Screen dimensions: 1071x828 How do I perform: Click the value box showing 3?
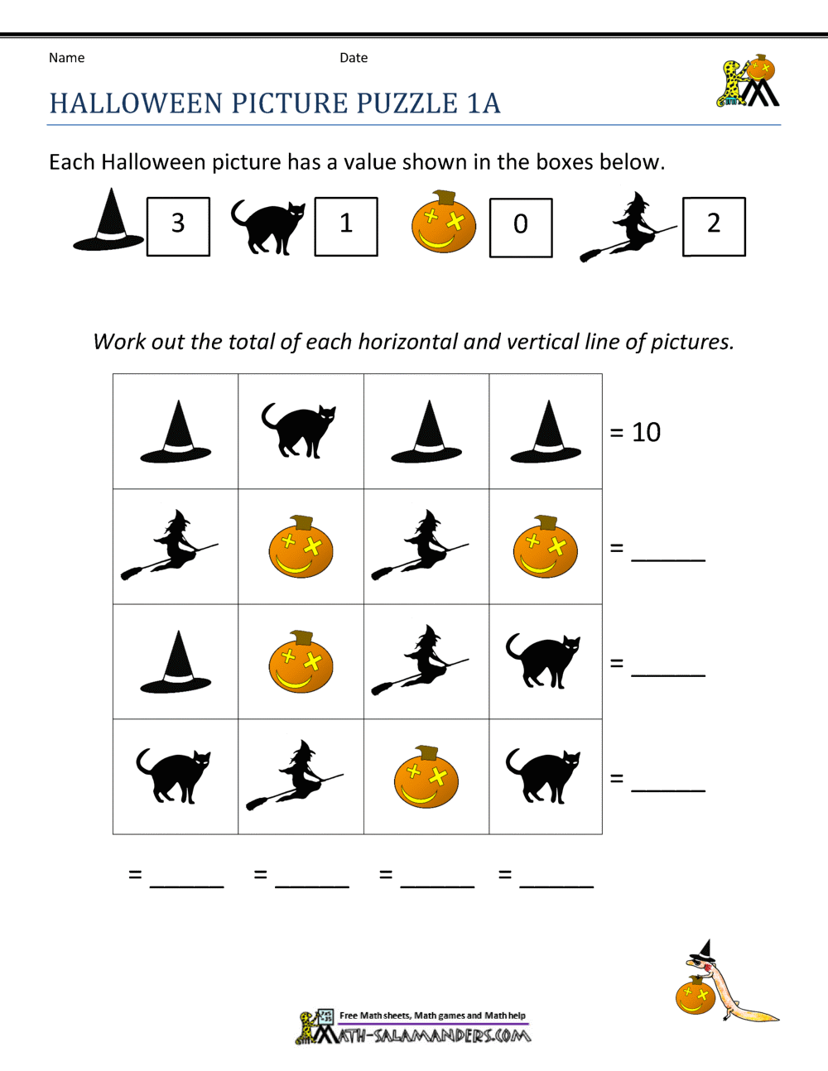(x=178, y=226)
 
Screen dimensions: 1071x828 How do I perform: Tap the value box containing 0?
(x=521, y=228)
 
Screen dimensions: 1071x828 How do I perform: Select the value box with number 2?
(x=714, y=226)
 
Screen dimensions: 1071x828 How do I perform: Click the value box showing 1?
(x=346, y=226)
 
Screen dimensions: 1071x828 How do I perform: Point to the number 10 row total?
(x=646, y=432)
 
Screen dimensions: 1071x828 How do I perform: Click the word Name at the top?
(x=66, y=58)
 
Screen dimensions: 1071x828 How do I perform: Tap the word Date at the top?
(x=354, y=58)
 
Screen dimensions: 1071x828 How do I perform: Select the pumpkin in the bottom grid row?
(x=426, y=776)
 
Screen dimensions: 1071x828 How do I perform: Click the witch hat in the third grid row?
(x=176, y=662)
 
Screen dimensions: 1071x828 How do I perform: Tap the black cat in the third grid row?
(x=544, y=661)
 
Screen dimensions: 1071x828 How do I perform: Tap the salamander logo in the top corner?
(x=747, y=82)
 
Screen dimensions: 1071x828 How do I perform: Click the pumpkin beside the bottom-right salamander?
(x=695, y=996)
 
